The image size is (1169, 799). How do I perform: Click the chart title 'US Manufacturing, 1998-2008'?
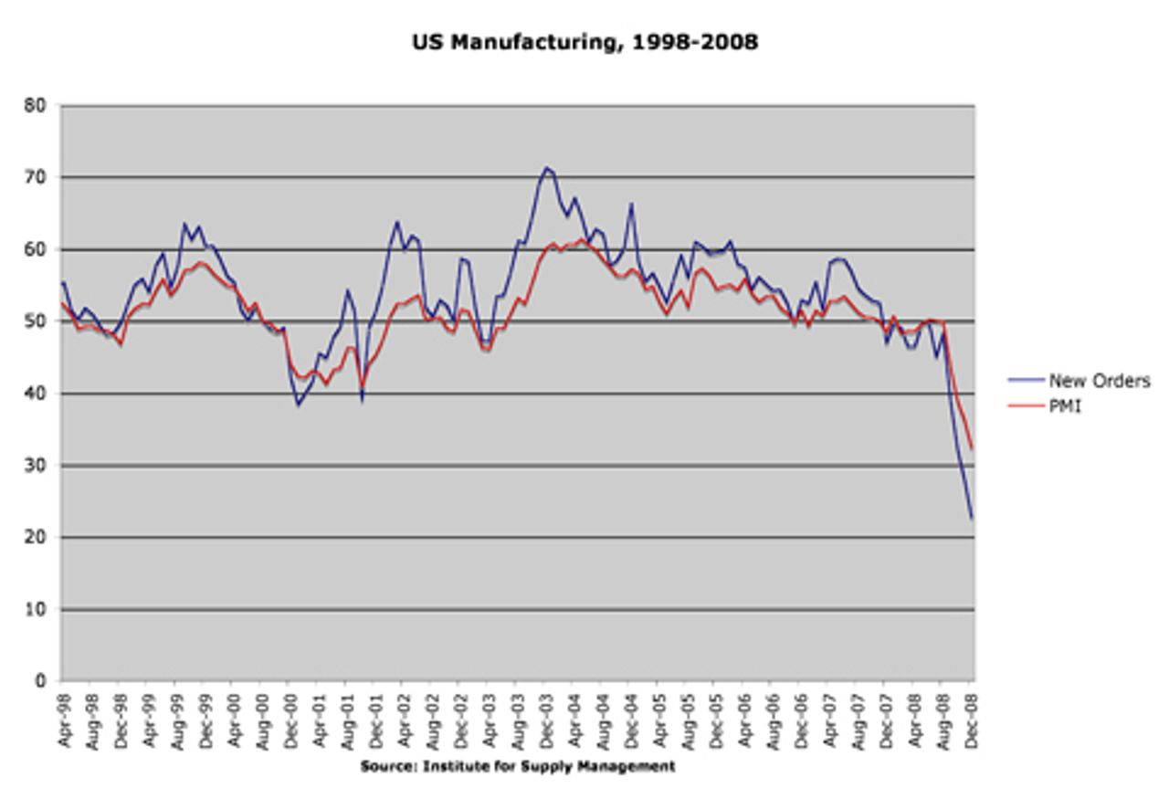tap(584, 42)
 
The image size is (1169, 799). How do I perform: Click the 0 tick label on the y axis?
tap(40, 681)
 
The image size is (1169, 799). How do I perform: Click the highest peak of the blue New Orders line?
tap(546, 167)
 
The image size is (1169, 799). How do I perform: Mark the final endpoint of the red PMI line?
tap(973, 449)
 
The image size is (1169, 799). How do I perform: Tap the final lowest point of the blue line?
tap(972, 520)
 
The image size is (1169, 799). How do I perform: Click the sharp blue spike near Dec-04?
tap(630, 205)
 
